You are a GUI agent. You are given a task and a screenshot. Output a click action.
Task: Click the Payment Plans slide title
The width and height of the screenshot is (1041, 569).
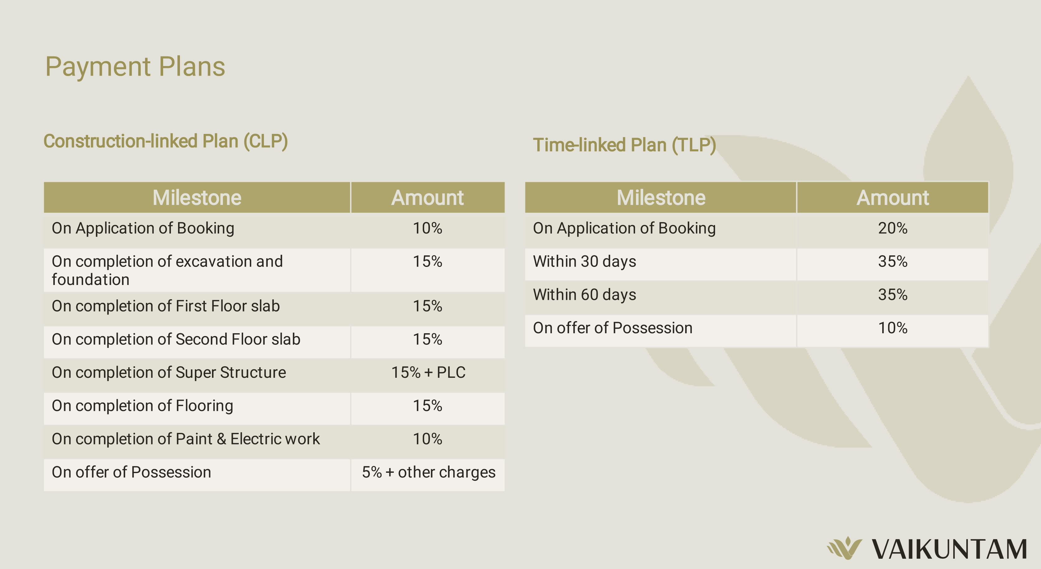pos(135,67)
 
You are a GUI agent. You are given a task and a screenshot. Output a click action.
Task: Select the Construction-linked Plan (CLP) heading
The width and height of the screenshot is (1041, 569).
pos(166,141)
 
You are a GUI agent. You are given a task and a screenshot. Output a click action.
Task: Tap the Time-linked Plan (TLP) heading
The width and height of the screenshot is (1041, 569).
pos(624,145)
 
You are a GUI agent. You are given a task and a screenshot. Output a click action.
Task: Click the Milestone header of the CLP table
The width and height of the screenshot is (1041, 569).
pos(197,198)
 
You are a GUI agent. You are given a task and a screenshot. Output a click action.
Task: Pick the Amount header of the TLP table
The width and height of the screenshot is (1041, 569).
pos(893,198)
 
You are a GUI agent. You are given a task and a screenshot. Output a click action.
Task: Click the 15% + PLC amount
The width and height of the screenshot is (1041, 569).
pos(428,372)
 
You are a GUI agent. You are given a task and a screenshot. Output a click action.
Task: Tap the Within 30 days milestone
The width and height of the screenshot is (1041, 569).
pos(584,262)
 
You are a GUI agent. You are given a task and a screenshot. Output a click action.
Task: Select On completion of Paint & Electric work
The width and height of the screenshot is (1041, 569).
pos(186,439)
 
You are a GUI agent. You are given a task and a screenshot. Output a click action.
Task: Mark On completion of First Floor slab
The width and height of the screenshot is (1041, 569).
pos(166,306)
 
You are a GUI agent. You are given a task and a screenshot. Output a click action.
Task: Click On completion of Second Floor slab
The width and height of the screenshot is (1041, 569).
pos(176,339)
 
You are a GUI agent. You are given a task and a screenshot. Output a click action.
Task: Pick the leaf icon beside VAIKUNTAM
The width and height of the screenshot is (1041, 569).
pos(845,548)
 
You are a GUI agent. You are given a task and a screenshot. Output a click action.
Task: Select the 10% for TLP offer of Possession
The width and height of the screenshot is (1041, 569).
pos(893,328)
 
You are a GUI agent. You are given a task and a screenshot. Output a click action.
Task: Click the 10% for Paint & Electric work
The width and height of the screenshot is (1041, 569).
pos(427,439)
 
